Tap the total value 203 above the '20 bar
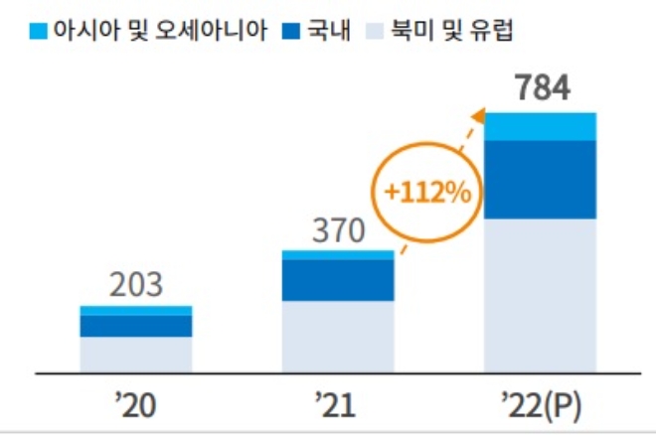click(x=135, y=286)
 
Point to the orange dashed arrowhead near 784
click(x=478, y=117)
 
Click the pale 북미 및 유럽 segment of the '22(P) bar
click(x=540, y=295)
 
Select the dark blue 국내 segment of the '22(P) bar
click(x=540, y=180)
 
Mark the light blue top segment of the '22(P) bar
click(x=540, y=127)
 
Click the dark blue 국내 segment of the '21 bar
click(x=338, y=280)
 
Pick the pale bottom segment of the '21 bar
click(x=338, y=337)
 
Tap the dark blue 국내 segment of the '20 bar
click(x=135, y=326)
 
